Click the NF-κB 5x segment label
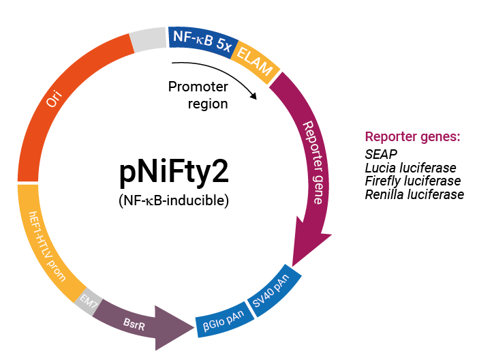coord(202,42)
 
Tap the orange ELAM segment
coord(255,62)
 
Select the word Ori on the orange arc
coord(54,98)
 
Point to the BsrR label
coord(134,324)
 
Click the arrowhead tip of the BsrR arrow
coord(194,327)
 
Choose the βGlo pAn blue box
coord(224,320)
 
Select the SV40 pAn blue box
coord(274,291)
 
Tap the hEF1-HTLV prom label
coord(46,246)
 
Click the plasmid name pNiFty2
coord(174,172)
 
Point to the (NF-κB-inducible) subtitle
coord(174,201)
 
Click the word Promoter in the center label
coord(198,87)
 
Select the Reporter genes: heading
coord(412,137)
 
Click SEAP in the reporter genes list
coord(381,154)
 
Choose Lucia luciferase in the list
coord(411,168)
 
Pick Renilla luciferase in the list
coord(414,195)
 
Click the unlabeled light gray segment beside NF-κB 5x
coord(148,40)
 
